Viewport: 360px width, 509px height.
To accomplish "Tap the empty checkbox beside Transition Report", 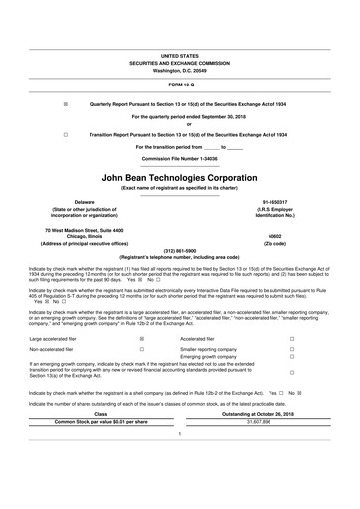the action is coord(66,133).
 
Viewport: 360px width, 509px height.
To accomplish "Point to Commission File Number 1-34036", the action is coord(180,157).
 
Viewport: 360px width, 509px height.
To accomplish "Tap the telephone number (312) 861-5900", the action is coord(180,251).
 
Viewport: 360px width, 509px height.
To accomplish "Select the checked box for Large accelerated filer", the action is coord(142,339).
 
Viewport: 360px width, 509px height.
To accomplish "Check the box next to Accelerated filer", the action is coord(291,339).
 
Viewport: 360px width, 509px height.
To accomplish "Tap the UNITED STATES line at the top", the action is coord(180,57).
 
